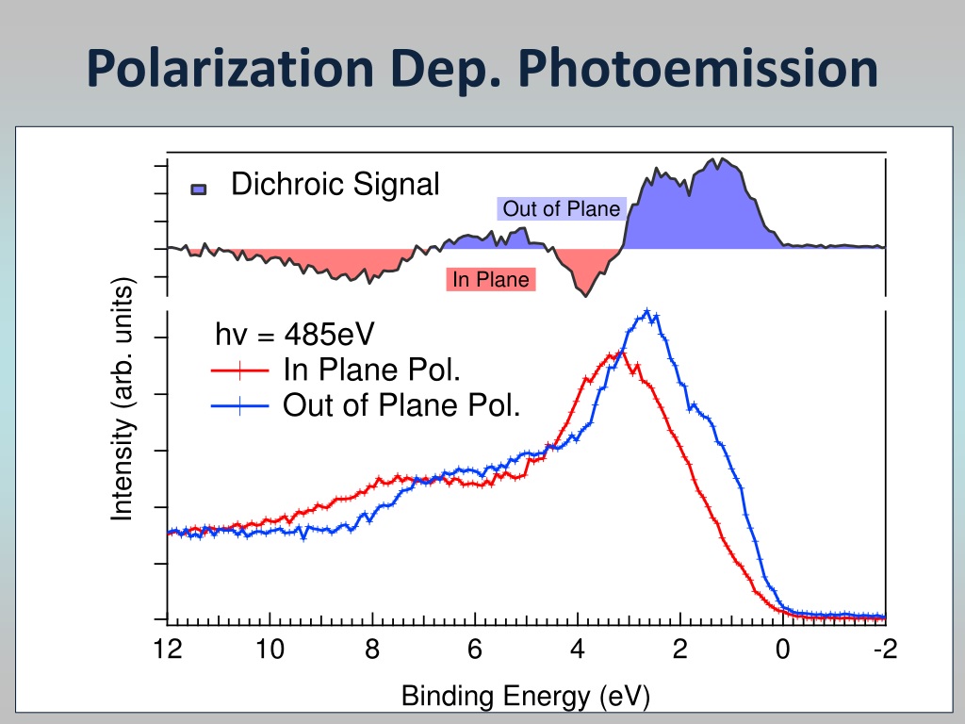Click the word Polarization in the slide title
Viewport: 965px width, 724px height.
(x=230, y=68)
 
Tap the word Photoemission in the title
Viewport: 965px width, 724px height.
(x=698, y=68)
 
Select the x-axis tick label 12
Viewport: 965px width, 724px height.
(x=168, y=649)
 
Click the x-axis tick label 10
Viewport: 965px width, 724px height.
(x=270, y=649)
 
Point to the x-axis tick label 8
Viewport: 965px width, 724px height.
(x=372, y=649)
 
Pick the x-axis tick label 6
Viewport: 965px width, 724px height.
(x=475, y=649)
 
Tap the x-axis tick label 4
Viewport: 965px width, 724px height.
(x=578, y=649)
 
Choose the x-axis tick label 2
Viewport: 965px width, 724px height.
(x=680, y=649)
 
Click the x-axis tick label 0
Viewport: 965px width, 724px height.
(x=783, y=649)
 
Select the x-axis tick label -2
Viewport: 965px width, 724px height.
(x=886, y=649)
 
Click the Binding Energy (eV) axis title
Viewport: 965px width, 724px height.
(x=526, y=697)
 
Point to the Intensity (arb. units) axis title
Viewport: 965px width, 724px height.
(x=122, y=399)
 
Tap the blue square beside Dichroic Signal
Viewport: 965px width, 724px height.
(x=199, y=189)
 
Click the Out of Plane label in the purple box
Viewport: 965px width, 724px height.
(x=562, y=208)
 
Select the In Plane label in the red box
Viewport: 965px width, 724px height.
(x=490, y=279)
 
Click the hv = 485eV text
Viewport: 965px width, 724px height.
(x=295, y=335)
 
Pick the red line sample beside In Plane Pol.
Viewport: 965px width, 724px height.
(x=240, y=370)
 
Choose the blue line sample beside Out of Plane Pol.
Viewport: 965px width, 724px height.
(x=240, y=406)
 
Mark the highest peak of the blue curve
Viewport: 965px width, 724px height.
(x=646, y=311)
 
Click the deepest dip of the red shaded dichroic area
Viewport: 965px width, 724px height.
(x=585, y=295)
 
